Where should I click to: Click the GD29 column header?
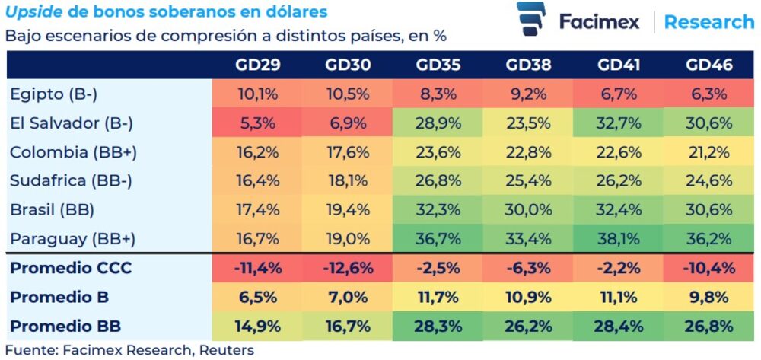coord(258,65)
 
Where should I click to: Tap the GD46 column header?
coord(709,65)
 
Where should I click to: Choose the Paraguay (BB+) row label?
coord(72,238)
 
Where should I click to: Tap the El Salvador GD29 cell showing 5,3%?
coord(258,123)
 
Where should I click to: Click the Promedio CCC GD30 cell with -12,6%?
coord(347,269)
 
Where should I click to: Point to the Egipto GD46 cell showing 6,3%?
coord(709,94)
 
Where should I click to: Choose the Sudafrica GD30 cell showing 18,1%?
coord(347,180)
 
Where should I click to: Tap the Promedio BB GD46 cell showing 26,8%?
coord(709,327)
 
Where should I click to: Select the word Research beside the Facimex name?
coord(708,21)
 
